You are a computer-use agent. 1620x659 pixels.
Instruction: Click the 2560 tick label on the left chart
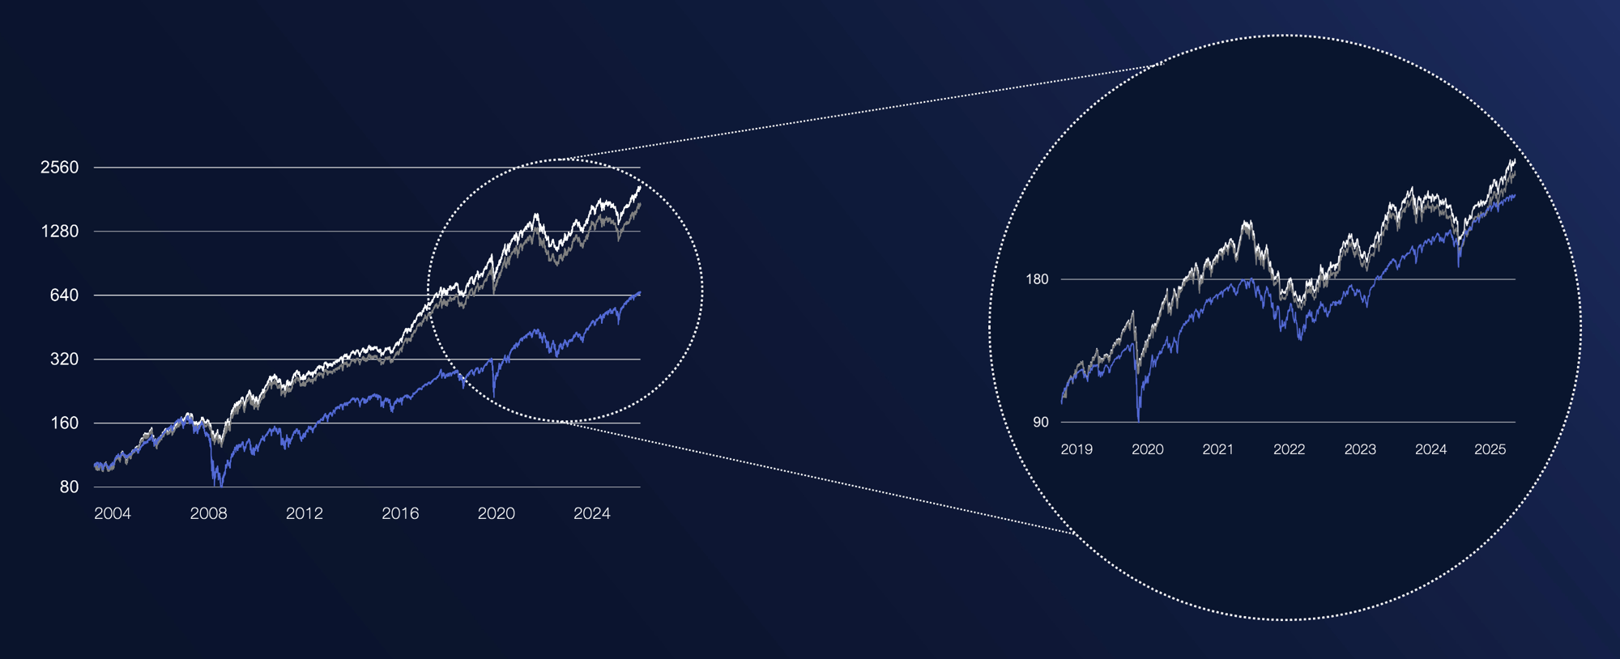click(x=60, y=168)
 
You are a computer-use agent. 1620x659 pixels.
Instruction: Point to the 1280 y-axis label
click(x=60, y=232)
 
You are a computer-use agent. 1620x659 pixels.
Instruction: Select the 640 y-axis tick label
click(x=64, y=295)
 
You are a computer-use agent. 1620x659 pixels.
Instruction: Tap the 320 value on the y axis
click(x=64, y=359)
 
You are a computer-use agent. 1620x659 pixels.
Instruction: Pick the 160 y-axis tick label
click(x=64, y=423)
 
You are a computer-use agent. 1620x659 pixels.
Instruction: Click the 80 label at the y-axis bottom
click(x=69, y=487)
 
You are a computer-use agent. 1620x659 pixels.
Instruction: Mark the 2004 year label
click(x=113, y=513)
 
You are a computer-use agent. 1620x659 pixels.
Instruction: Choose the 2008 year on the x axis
click(x=208, y=513)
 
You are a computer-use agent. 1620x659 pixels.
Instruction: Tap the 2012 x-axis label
click(x=305, y=513)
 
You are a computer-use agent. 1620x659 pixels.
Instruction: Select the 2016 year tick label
click(x=400, y=513)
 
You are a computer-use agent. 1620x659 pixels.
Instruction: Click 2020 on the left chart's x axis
click(x=496, y=513)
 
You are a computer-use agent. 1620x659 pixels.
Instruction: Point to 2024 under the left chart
click(x=592, y=513)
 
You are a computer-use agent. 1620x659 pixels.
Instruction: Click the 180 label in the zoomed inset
click(x=1037, y=279)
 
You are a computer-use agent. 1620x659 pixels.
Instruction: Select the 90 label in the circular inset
click(x=1040, y=423)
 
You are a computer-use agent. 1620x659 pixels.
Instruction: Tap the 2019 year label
click(x=1076, y=449)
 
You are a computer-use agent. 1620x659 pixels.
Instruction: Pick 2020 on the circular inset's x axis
click(x=1147, y=449)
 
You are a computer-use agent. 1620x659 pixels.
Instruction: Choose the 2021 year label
click(x=1218, y=449)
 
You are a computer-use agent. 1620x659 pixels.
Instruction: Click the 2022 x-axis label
click(x=1289, y=449)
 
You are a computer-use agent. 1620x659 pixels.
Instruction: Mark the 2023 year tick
click(x=1360, y=449)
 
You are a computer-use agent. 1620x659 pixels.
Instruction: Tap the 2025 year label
click(x=1490, y=449)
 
